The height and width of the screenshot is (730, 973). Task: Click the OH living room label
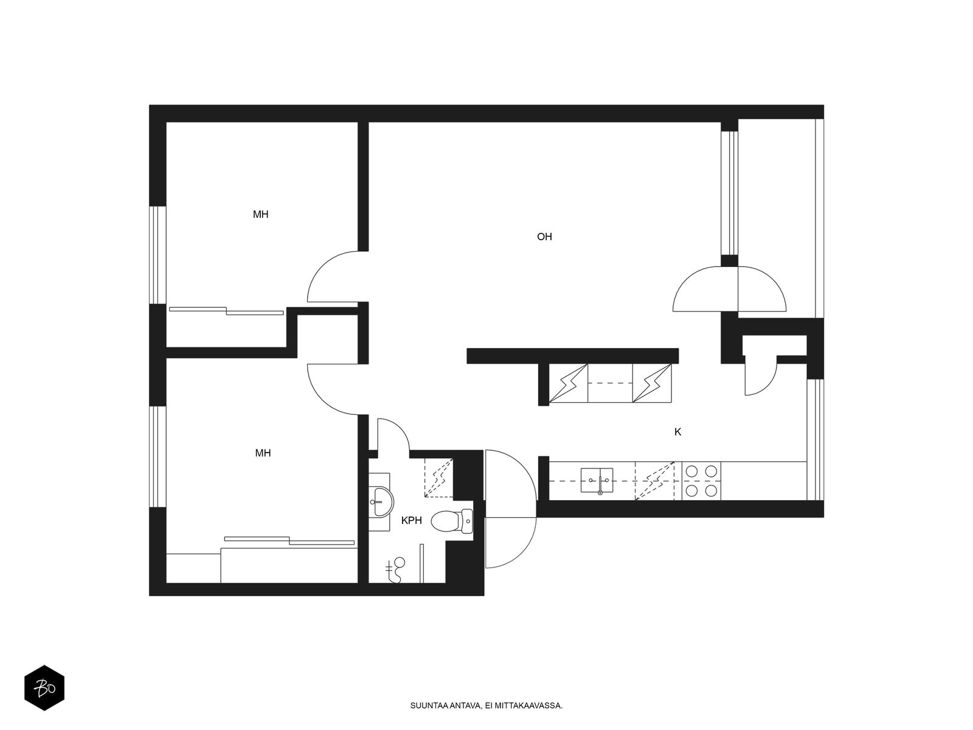click(544, 237)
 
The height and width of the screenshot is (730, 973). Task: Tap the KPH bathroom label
click(411, 521)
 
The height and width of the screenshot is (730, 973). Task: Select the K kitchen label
click(677, 432)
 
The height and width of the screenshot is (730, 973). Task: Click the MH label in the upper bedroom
click(261, 215)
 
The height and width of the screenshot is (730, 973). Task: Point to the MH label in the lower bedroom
click(263, 453)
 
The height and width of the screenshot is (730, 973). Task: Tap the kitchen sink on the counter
click(597, 481)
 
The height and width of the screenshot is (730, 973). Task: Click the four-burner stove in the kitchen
click(701, 481)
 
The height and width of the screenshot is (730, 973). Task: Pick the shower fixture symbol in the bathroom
click(396, 569)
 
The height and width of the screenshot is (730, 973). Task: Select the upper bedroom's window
click(158, 255)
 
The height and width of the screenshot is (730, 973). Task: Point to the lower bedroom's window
click(158, 456)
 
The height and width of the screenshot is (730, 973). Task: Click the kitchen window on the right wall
click(815, 440)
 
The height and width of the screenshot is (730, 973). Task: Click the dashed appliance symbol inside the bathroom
click(438, 478)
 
